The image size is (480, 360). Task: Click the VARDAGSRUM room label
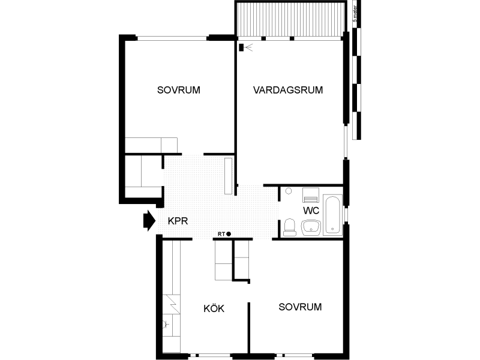[x=288, y=90]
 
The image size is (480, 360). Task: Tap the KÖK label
[x=214, y=308]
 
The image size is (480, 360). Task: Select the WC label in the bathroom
[x=311, y=211]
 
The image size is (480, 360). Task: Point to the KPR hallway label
[x=178, y=221]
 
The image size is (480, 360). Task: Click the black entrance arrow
[x=149, y=220]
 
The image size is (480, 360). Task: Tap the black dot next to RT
[x=229, y=234]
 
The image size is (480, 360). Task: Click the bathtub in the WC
[x=332, y=215]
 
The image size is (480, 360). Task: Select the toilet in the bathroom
[x=290, y=227]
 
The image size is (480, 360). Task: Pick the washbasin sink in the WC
[x=311, y=227]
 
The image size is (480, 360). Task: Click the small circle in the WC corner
[x=289, y=191]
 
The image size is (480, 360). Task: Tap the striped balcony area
[x=290, y=20]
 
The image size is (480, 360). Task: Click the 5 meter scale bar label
[x=355, y=14]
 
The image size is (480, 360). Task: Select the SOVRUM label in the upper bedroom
[x=178, y=90]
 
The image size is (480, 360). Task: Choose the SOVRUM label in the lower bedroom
[x=300, y=307]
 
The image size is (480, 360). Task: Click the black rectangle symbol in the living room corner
[x=241, y=47]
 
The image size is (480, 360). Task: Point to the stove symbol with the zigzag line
[x=171, y=304]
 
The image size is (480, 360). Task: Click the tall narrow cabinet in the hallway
[x=229, y=176]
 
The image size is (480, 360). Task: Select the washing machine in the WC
[x=310, y=196]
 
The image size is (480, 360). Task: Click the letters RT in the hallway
[x=221, y=234]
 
